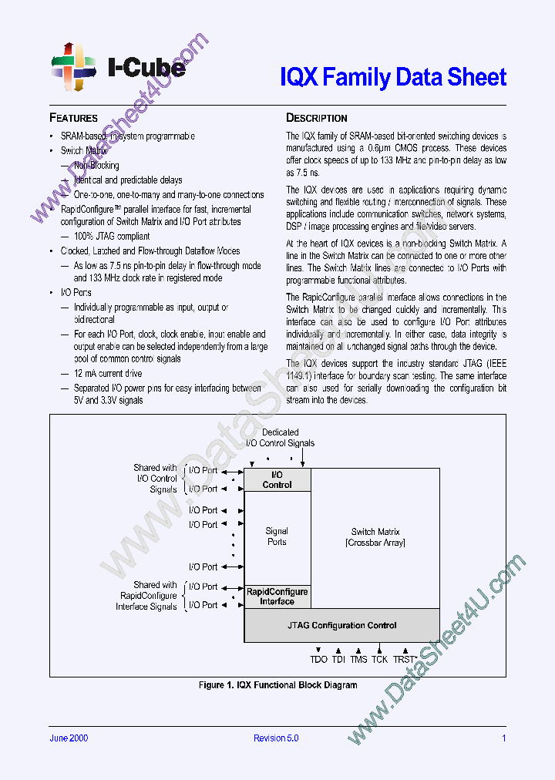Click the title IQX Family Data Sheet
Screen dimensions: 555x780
392,77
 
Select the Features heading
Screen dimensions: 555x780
73,118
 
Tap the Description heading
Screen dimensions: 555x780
316,118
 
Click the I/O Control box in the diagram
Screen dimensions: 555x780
277,479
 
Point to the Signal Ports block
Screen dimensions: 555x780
277,536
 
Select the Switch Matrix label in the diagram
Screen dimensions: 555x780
375,537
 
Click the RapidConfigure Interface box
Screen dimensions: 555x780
277,597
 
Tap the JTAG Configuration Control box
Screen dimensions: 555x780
341,625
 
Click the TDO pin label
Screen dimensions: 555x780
318,659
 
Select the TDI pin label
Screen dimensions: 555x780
338,659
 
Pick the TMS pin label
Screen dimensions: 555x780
358,659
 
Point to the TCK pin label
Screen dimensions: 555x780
379,659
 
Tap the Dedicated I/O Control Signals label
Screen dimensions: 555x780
280,438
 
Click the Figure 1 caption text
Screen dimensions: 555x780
277,685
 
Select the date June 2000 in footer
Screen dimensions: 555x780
69,738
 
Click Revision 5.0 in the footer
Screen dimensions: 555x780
276,738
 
